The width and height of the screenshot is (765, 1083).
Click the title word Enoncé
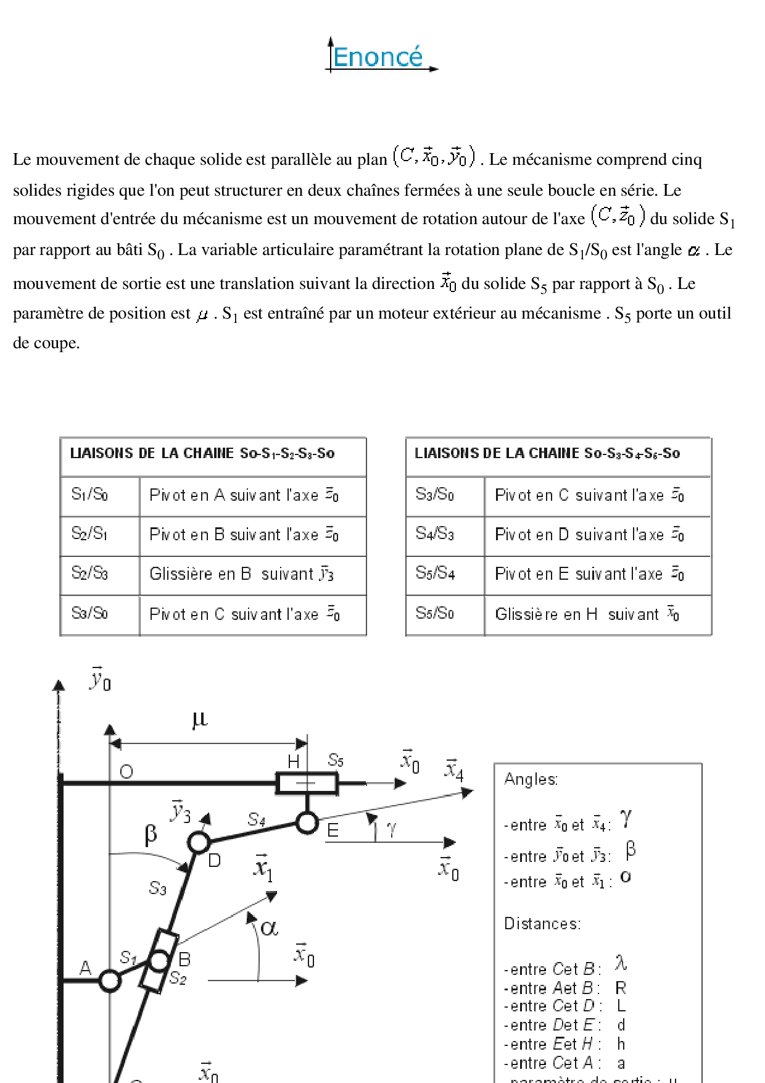tap(378, 57)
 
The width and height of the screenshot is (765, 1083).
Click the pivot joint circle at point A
tap(110, 981)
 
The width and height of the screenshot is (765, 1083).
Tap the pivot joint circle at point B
tap(159, 961)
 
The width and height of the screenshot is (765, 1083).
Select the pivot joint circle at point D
tap(199, 842)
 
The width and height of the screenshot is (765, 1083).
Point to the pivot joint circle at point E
tap(307, 822)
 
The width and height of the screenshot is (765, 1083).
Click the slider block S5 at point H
tap(307, 784)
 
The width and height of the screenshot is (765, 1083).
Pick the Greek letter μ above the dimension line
tap(199, 719)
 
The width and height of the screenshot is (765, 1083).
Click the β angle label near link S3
tap(151, 834)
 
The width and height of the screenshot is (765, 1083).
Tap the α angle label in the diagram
tap(269, 927)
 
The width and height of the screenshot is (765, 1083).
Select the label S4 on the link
tap(257, 819)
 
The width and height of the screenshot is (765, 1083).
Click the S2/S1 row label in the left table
tap(90, 534)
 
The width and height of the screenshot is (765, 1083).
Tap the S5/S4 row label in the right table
tap(435, 574)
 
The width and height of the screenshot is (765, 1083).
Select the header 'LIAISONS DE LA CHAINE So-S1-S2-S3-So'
tap(202, 454)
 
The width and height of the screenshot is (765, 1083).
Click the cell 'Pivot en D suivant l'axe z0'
tap(589, 535)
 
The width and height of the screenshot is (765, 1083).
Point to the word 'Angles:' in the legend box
tap(531, 780)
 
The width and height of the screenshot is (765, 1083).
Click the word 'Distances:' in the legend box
tap(542, 924)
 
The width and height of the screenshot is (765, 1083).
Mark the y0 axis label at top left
tap(100, 680)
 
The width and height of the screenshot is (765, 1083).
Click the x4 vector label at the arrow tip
tap(454, 771)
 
